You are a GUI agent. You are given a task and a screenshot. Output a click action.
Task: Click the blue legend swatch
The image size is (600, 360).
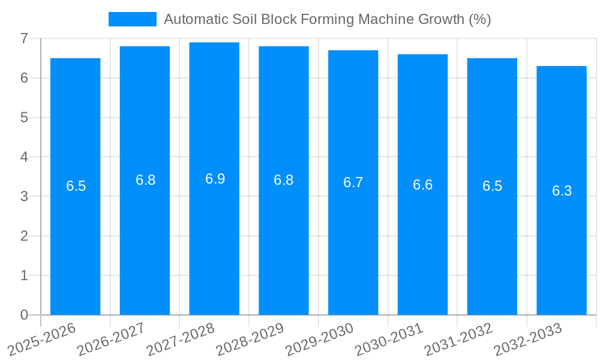point(132,19)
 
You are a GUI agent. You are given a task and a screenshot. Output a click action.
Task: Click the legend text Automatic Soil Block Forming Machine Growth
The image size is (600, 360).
point(327,19)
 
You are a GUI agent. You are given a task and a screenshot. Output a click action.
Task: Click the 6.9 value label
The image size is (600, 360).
point(215,179)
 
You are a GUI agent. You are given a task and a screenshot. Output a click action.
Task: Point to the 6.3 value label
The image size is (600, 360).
point(562,191)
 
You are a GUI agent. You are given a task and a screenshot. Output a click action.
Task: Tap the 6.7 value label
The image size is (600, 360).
point(353,182)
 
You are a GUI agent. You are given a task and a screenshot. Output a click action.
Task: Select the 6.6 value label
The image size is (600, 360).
point(422,185)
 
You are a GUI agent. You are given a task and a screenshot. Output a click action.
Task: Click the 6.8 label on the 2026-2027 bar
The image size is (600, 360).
point(145,180)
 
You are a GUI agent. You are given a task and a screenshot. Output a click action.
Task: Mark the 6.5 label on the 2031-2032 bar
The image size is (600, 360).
point(492,186)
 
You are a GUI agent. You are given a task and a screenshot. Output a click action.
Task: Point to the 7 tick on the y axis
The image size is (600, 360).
point(24,38)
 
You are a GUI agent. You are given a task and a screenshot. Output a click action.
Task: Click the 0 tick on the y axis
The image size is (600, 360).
point(24,315)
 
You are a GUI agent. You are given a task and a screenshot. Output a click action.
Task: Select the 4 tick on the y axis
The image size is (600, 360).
point(24,157)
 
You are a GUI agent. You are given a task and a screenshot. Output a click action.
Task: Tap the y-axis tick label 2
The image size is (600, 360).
point(24,236)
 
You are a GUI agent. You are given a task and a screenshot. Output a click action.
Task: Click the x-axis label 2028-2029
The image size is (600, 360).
point(250,339)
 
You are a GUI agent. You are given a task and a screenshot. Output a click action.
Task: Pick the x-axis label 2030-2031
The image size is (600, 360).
point(389,339)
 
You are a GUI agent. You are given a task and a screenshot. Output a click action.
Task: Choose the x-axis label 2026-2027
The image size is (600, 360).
point(112,339)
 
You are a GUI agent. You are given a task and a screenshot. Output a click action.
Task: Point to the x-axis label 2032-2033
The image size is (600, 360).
point(529,339)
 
